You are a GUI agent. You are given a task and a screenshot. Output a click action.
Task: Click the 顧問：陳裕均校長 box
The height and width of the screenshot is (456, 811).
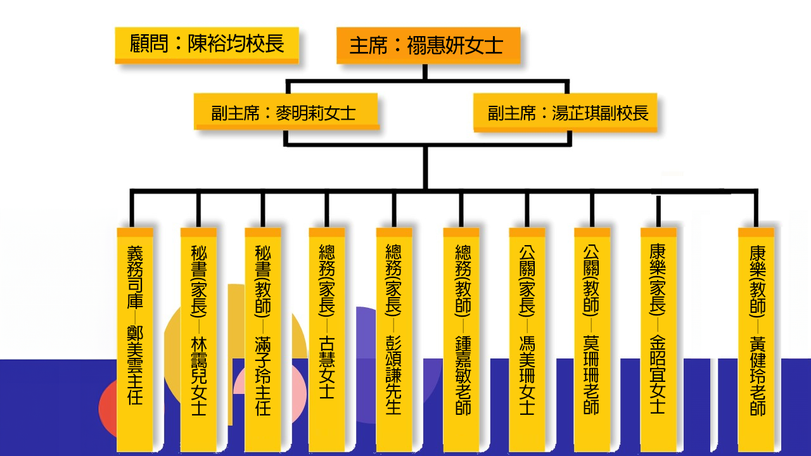pyautogui.click(x=207, y=44)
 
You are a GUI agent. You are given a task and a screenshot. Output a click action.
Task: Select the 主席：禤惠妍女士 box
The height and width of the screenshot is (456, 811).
pyautogui.click(x=428, y=46)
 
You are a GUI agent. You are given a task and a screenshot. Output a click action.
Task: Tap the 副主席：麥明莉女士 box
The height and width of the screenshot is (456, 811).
pyautogui.click(x=286, y=112)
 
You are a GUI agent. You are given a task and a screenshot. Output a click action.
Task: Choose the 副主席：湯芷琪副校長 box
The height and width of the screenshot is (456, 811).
pyautogui.click(x=565, y=113)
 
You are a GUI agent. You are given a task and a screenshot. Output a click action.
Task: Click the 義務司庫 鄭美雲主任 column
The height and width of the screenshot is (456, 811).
pyautogui.click(x=135, y=339)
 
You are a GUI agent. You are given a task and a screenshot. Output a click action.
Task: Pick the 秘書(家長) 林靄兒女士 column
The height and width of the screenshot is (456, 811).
pyautogui.click(x=198, y=339)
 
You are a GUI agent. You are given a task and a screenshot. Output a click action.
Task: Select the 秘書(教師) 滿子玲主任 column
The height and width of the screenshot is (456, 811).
pyautogui.click(x=263, y=339)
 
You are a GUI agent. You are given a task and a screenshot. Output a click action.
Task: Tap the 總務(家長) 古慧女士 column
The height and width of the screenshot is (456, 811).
pyautogui.click(x=327, y=339)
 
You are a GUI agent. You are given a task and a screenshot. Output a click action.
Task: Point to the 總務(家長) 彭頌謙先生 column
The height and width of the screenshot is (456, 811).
pyautogui.click(x=393, y=339)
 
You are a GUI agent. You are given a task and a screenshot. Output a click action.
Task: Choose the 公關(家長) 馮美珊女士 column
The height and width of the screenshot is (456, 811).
pyautogui.click(x=527, y=339)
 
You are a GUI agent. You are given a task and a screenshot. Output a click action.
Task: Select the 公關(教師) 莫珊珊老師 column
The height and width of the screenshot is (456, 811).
pyautogui.click(x=592, y=339)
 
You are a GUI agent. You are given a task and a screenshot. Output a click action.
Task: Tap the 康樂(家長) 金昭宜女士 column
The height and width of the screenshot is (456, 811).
pyautogui.click(x=658, y=339)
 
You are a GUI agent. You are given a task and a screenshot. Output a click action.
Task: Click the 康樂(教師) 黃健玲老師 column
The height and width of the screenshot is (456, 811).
pyautogui.click(x=757, y=339)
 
